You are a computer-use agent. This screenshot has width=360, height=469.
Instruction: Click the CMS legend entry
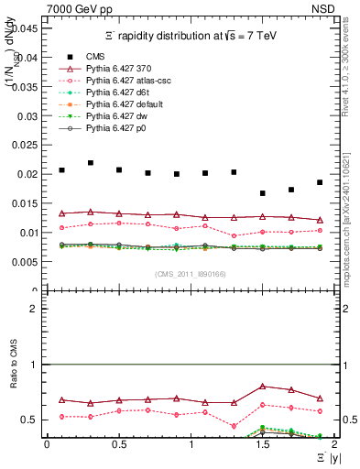coord(93,56)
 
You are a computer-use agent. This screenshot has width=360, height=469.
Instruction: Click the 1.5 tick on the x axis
coord(262,444)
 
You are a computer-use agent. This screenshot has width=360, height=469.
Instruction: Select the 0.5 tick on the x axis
coord(118,444)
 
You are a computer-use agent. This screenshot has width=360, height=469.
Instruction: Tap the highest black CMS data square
coord(91,163)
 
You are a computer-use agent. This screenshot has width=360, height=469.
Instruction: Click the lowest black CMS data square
coord(263,193)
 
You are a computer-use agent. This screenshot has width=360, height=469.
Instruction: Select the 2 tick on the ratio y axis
coord(34,309)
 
